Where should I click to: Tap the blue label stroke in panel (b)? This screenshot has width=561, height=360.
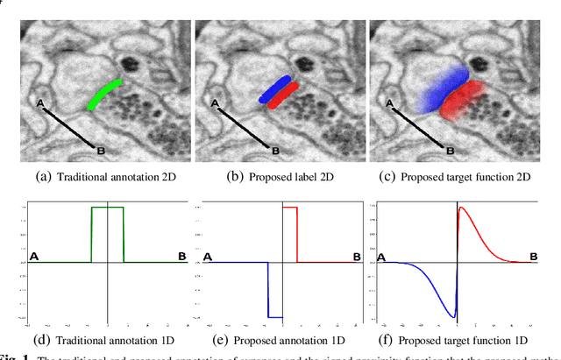pos(279,88)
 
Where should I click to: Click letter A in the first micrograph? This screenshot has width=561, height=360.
pos(39,103)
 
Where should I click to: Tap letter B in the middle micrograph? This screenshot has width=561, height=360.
pos(275,151)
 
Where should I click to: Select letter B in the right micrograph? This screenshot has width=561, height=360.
pos(451,151)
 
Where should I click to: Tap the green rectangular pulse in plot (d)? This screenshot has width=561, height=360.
pos(108,208)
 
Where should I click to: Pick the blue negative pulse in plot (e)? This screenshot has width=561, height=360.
pos(275,316)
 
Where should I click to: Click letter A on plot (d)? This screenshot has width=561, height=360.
pos(37,257)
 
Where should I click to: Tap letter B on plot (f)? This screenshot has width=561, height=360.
pos(534,257)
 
